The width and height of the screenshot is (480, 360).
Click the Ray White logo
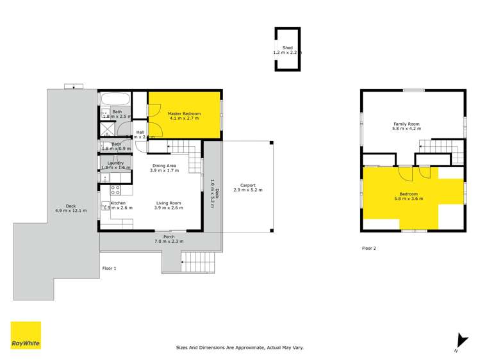pos(26,336)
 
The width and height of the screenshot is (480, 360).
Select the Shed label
pos(287,47)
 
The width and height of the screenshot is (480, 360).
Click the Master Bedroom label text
pos(185,114)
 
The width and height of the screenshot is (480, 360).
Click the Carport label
pos(247,186)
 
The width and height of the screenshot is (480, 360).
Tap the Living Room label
pos(169,203)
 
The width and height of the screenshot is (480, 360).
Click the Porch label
pos(169,236)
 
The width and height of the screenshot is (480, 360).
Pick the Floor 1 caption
pos(109,268)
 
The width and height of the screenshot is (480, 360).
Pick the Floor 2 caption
pos(368,248)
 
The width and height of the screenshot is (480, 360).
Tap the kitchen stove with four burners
pos(115,190)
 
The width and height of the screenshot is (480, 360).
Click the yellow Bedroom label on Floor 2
pos(408,194)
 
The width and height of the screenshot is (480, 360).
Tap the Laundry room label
pos(115,163)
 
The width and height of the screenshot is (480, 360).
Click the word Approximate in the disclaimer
pos(252,348)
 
